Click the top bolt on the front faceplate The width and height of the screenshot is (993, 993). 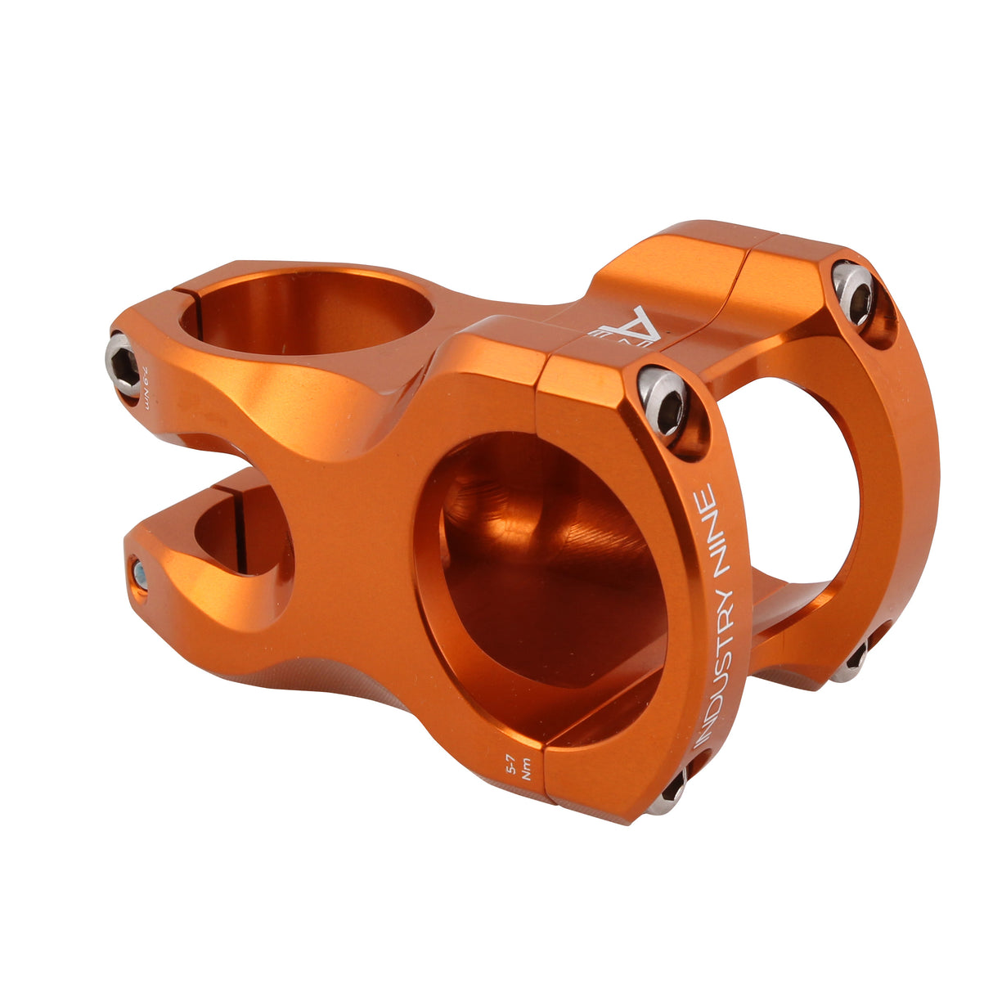tap(663, 404)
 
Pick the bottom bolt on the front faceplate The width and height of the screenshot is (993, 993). tap(674, 789)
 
